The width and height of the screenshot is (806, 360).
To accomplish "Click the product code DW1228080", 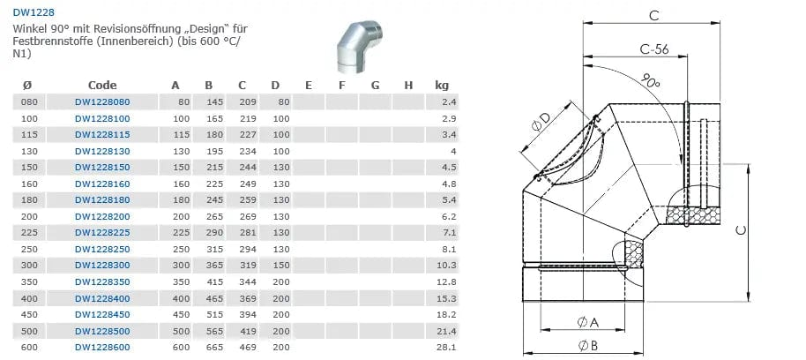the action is pos(102,101).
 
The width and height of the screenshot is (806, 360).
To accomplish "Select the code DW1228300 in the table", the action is pos(102,266).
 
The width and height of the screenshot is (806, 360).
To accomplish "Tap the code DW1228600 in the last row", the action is pos(102,347).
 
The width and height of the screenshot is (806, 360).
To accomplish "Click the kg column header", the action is pos(442,86).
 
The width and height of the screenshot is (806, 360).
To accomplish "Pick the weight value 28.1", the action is pos(449,347).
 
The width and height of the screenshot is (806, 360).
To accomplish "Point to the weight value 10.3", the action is pos(449,266).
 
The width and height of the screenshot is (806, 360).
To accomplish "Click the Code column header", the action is pos(102,86).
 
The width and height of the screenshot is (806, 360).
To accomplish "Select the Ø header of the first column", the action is pos(27,86).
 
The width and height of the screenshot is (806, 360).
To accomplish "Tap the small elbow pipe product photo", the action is pos(360,48).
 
